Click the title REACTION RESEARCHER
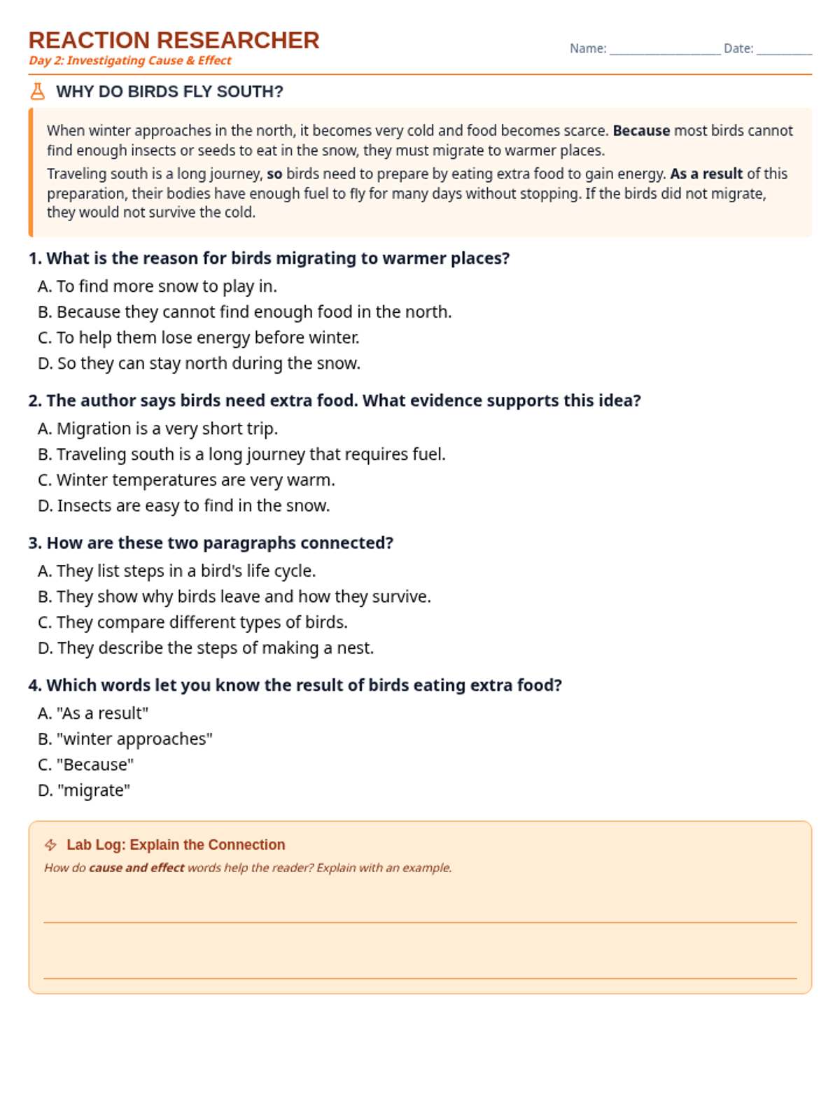point(174,40)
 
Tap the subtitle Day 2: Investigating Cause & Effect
point(130,61)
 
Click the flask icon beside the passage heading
point(38,92)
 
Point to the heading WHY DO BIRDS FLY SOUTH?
point(169,92)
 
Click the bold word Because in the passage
point(641,131)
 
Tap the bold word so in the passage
point(274,174)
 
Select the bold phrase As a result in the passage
point(706,174)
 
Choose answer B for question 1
point(245,312)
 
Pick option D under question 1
point(199,363)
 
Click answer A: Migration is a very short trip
point(158,428)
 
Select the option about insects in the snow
point(184,505)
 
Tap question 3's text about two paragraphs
point(211,543)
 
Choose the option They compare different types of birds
point(193,622)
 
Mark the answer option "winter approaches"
point(125,739)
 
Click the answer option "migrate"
point(85,790)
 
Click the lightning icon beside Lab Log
point(51,845)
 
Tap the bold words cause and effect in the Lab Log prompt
point(136,868)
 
